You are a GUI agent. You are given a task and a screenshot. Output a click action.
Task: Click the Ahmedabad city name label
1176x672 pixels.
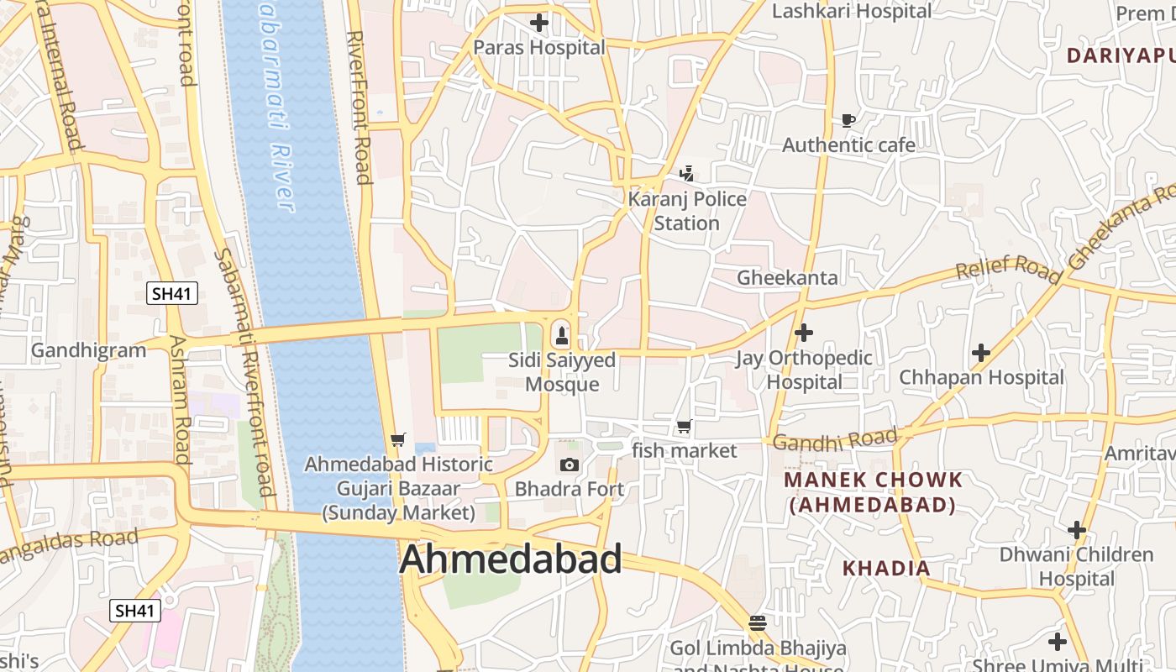(x=511, y=559)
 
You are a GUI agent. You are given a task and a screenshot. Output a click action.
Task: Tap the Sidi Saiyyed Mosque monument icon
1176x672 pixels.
(x=562, y=337)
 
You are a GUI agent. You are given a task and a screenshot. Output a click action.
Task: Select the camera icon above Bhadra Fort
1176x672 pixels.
(x=569, y=465)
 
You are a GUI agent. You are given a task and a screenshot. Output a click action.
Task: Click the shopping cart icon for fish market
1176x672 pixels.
(x=684, y=427)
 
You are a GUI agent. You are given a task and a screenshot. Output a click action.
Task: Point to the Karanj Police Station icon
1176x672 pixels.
(x=686, y=175)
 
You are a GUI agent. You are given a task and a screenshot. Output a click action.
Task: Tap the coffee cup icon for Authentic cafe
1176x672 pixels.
(x=848, y=121)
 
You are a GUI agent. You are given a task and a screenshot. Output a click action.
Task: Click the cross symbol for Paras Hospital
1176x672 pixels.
(x=539, y=23)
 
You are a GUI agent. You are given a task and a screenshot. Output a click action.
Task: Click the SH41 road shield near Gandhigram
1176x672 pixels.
(x=172, y=293)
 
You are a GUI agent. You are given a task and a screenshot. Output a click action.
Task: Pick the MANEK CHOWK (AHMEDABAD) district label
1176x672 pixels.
(x=873, y=492)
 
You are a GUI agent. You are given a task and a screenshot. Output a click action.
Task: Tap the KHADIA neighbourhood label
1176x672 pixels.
(x=886, y=569)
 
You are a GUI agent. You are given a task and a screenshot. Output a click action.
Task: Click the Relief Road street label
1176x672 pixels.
(x=1008, y=269)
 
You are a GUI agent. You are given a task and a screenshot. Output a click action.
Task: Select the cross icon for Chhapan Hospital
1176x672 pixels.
(x=980, y=353)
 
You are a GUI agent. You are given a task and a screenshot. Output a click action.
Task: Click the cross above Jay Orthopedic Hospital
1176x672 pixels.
(x=804, y=333)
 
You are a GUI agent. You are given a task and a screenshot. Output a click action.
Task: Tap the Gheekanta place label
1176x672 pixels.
(x=787, y=278)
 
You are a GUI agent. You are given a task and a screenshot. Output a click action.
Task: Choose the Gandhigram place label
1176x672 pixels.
(x=88, y=350)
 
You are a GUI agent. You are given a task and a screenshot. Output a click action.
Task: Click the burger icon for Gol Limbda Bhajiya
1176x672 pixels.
(x=758, y=622)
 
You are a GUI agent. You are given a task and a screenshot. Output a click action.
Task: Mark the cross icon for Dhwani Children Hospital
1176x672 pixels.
(x=1076, y=530)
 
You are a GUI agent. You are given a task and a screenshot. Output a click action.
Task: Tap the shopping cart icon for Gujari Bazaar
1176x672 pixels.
(x=398, y=439)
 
